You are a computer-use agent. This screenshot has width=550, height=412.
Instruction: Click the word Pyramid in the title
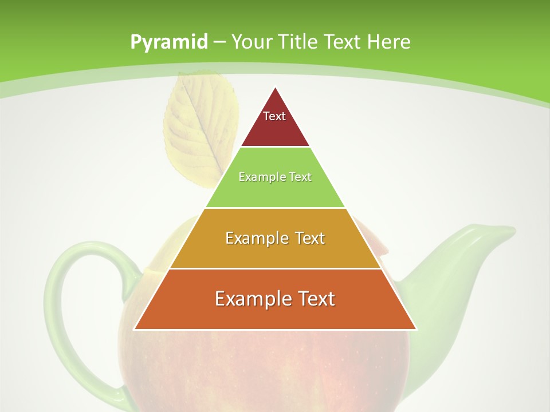(168, 42)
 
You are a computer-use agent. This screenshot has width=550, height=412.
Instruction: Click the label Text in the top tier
(274, 116)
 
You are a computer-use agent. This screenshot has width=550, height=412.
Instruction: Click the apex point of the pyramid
(275, 88)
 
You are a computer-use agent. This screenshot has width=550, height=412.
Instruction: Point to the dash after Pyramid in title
(219, 42)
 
